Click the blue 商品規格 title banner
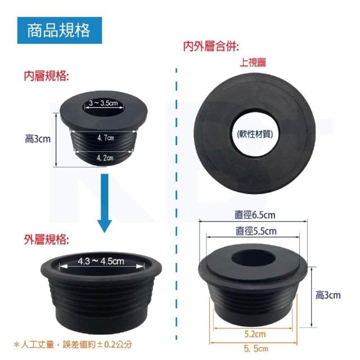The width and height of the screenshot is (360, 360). tap(60, 30)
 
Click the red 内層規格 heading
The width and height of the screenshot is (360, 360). tap(47, 76)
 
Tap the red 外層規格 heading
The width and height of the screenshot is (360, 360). tap(47, 240)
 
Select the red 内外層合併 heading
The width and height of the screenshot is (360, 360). tap(211, 46)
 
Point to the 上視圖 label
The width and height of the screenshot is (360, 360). tap(253, 62)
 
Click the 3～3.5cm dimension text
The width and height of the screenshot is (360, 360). tap(103, 103)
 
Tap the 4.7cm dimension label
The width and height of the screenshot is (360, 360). tap(105, 138)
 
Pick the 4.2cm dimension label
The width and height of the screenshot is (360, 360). tap(105, 157)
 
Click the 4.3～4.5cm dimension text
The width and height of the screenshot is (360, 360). tap(101, 261)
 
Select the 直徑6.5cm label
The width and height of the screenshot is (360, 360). tap(255, 215)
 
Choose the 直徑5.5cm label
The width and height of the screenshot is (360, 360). tap(256, 231)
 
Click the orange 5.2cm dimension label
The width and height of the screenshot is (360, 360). tap(255, 334)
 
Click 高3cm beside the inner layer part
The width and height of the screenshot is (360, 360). tap(38, 139)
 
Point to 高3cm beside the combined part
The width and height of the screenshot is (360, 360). tap(328, 295)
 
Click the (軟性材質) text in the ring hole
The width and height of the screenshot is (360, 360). tap(255, 134)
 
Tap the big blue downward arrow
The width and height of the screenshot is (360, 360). tap(105, 203)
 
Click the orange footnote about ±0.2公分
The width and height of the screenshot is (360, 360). tap(73, 345)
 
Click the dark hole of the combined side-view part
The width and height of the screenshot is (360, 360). tap(253, 258)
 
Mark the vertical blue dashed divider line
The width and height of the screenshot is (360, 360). tap(176, 204)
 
